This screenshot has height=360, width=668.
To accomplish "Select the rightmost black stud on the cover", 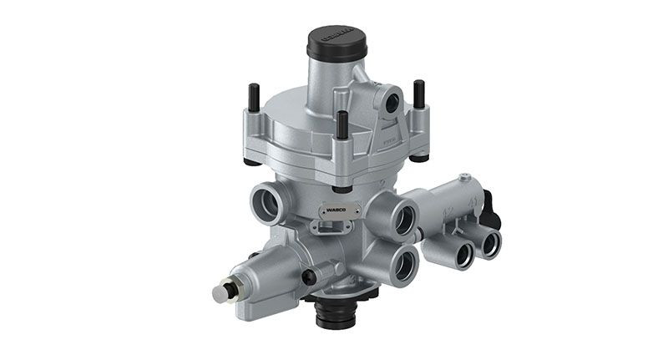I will [x=418, y=94].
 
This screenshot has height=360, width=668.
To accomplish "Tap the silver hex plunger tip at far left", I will [x=220, y=294].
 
